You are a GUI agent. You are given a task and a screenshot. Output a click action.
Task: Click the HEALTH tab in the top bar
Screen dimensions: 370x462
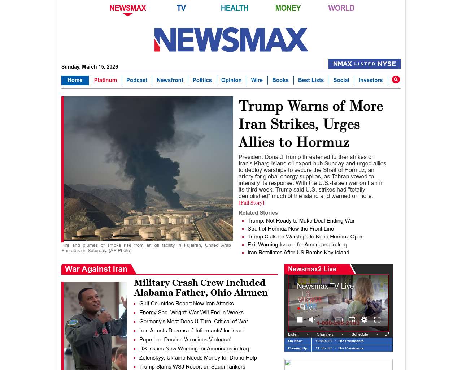tap(234, 8)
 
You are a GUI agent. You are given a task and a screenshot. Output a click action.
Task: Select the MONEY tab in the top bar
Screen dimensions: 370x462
tap(288, 8)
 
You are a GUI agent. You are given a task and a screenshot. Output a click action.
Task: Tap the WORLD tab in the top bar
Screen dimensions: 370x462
tap(341, 8)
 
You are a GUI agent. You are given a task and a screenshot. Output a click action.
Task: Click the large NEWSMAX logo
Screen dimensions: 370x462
tap(231, 40)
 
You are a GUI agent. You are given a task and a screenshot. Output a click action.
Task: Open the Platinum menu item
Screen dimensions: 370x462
tap(105, 80)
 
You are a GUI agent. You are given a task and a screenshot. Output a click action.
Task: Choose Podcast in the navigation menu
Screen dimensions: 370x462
tap(137, 80)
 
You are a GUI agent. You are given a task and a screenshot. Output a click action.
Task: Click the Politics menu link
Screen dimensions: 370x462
tap(202, 80)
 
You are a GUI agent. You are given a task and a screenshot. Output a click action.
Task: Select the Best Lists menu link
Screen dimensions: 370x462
tap(311, 80)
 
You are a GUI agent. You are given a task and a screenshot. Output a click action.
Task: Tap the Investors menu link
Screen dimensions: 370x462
tap(370, 80)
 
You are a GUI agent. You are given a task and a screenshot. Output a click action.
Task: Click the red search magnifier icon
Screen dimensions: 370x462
tap(396, 79)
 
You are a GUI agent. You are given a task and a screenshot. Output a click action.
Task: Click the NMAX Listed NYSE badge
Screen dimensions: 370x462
tap(364, 64)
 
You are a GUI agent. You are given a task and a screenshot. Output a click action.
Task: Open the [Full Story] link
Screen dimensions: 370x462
tap(251, 203)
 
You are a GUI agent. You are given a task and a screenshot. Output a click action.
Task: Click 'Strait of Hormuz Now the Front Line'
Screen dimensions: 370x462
tap(291, 229)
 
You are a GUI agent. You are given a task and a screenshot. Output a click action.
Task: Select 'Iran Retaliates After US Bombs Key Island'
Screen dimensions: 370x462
tap(298, 253)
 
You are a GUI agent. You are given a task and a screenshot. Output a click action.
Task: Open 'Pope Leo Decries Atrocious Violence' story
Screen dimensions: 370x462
tap(185, 340)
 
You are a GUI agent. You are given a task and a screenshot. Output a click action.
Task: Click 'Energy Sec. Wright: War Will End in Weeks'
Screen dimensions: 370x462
tap(191, 313)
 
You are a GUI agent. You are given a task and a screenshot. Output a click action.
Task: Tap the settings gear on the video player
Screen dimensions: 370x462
tap(364, 319)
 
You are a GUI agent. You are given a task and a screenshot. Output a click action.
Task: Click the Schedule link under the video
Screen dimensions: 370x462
tap(359, 334)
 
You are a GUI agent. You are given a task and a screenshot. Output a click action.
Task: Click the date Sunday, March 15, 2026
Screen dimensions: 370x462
tap(90, 67)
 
